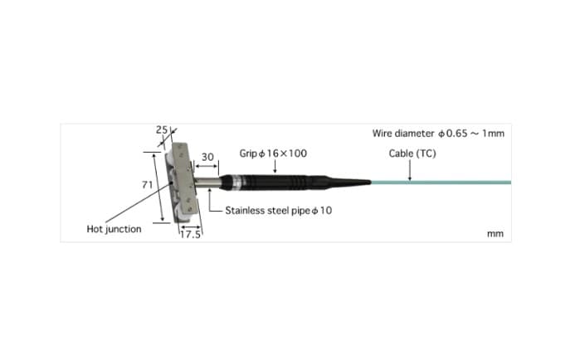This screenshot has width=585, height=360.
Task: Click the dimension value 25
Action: (x=162, y=130)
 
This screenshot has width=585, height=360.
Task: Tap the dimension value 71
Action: (x=148, y=184)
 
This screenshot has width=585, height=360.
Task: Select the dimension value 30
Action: (x=207, y=157)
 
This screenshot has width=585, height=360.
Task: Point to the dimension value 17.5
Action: (x=190, y=234)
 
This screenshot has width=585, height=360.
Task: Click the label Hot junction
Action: (x=114, y=229)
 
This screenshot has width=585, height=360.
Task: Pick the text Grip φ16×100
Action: (x=273, y=153)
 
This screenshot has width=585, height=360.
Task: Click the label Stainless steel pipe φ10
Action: (x=278, y=211)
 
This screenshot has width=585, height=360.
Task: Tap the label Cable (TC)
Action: (x=412, y=153)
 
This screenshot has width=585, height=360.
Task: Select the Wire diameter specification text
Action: (x=438, y=134)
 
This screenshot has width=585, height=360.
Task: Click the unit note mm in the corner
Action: (x=495, y=234)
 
